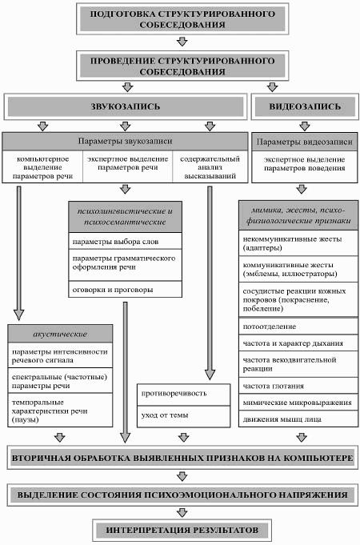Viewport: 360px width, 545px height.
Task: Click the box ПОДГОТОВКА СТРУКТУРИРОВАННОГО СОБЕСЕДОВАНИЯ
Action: tap(182, 18)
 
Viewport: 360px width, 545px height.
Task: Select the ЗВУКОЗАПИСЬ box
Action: tap(126, 106)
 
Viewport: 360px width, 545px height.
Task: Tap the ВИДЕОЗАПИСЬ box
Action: tap(305, 106)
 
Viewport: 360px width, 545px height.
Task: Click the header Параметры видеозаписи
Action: tap(305, 142)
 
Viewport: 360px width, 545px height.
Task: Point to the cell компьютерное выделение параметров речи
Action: tap(42, 167)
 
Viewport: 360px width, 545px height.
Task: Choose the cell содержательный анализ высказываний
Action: tap(210, 167)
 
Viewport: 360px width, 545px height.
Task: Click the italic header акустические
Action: tap(60, 334)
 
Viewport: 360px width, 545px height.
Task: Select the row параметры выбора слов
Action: tap(125, 241)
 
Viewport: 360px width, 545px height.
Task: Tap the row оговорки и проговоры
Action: tap(125, 289)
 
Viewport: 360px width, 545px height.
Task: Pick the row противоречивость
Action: tap(183, 395)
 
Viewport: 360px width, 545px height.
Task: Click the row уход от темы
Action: tap(183, 416)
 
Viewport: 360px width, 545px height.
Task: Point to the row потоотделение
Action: tap(298, 326)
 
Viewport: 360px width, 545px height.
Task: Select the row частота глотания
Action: tap(298, 386)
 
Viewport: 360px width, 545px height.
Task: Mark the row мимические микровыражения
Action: tap(298, 402)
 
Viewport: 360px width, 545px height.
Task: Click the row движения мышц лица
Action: tap(298, 419)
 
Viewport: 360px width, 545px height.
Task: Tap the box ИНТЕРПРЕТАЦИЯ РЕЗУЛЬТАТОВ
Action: tap(182, 530)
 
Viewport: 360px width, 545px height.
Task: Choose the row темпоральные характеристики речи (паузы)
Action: tap(60, 410)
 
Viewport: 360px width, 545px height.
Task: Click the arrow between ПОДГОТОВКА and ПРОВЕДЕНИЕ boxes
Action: tap(182, 42)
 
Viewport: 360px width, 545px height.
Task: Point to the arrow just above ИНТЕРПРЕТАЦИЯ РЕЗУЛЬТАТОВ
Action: tap(182, 512)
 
